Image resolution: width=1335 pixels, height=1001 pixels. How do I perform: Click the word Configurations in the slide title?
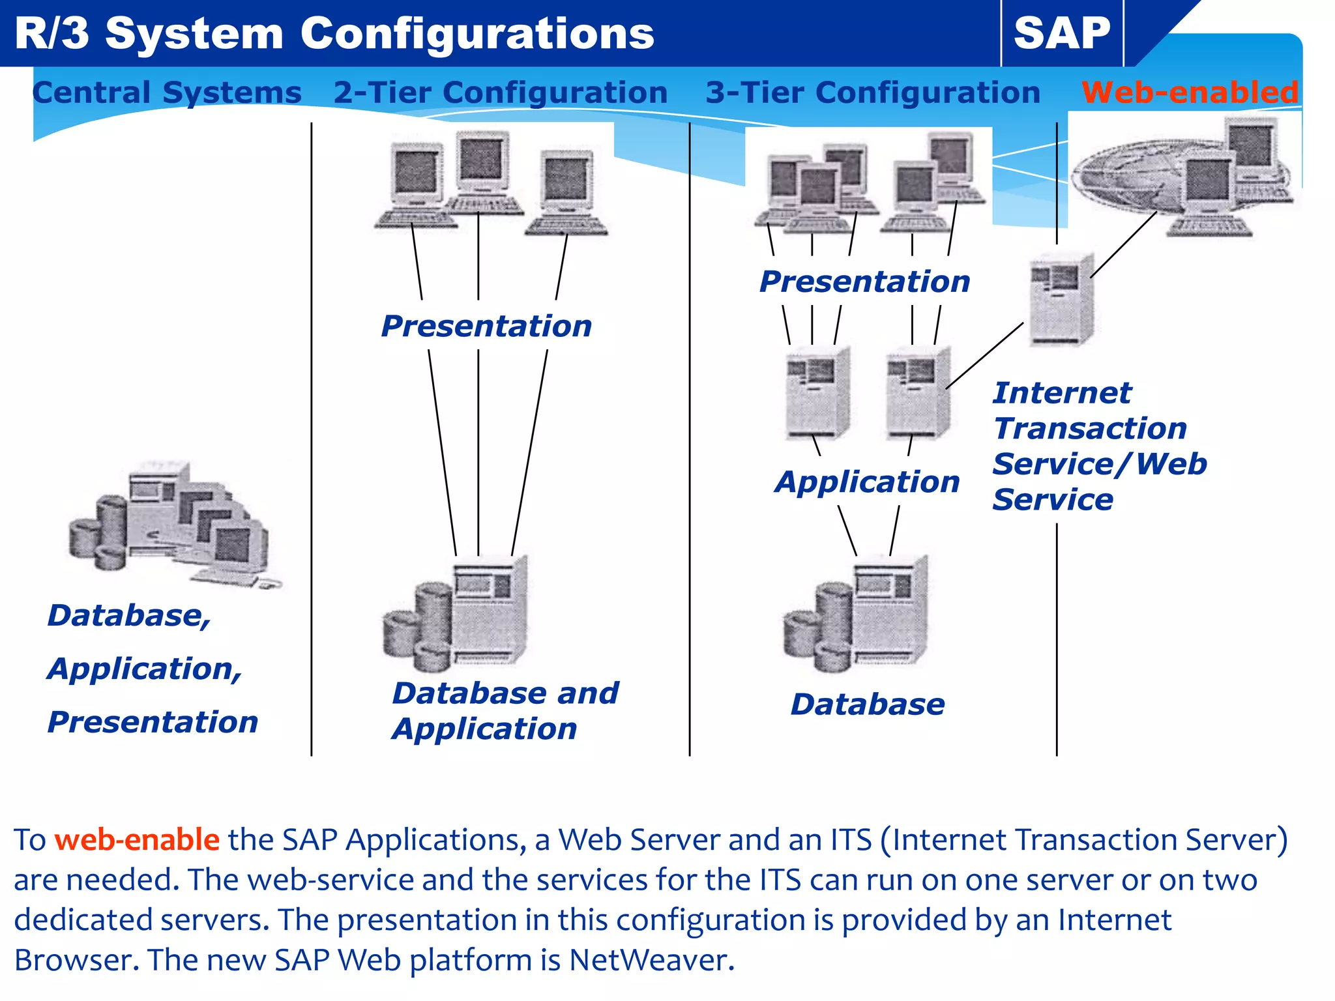(x=477, y=34)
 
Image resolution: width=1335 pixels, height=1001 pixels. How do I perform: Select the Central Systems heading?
(x=167, y=93)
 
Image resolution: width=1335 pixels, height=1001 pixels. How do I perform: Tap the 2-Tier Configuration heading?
(x=501, y=93)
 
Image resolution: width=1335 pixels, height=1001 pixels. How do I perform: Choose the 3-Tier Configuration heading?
(x=873, y=93)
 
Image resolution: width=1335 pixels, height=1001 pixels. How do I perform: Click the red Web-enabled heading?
(x=1190, y=93)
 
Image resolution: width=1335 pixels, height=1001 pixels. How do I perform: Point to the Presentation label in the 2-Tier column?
(x=486, y=326)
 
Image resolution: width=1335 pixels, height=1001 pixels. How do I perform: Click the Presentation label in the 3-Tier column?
(x=864, y=282)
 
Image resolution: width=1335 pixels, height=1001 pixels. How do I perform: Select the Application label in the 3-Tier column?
(x=867, y=482)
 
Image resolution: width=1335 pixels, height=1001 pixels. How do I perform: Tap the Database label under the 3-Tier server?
(x=867, y=704)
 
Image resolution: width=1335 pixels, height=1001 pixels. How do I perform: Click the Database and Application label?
(x=505, y=710)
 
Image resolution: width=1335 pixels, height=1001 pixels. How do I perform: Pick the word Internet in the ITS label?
(x=1062, y=393)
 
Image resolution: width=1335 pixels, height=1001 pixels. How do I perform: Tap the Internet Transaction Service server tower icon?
(x=1062, y=300)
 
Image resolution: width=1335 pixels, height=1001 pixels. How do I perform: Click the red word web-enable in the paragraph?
(x=137, y=840)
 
